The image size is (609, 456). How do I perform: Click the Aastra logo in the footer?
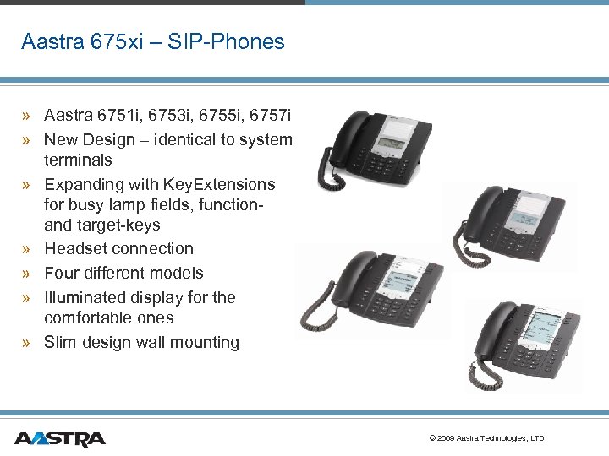coord(59,438)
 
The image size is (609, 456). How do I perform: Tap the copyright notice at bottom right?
coord(488,438)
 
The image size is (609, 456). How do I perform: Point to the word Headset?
coord(77,249)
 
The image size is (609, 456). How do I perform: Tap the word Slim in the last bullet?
coord(60,342)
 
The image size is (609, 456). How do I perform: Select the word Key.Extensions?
coord(222,184)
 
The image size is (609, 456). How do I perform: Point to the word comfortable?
coord(89,318)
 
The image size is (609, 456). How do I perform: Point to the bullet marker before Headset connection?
coord(27,249)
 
